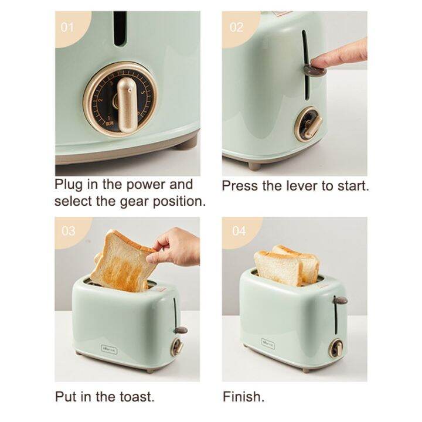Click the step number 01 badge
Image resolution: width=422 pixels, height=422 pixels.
[68, 26]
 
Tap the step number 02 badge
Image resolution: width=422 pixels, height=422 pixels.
[236, 27]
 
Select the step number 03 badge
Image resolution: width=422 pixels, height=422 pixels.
[69, 230]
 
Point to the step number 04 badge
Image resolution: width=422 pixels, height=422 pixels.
[239, 230]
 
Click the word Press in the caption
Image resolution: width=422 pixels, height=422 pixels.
[240, 186]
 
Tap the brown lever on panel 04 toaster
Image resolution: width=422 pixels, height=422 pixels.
[339, 300]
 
